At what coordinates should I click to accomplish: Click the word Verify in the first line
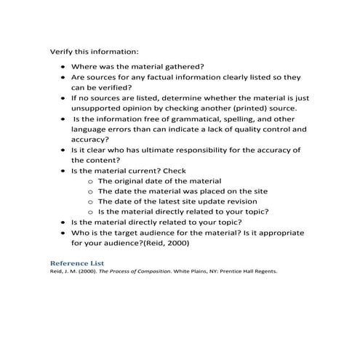[x=61, y=52]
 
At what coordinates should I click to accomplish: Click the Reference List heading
[x=76, y=262]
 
